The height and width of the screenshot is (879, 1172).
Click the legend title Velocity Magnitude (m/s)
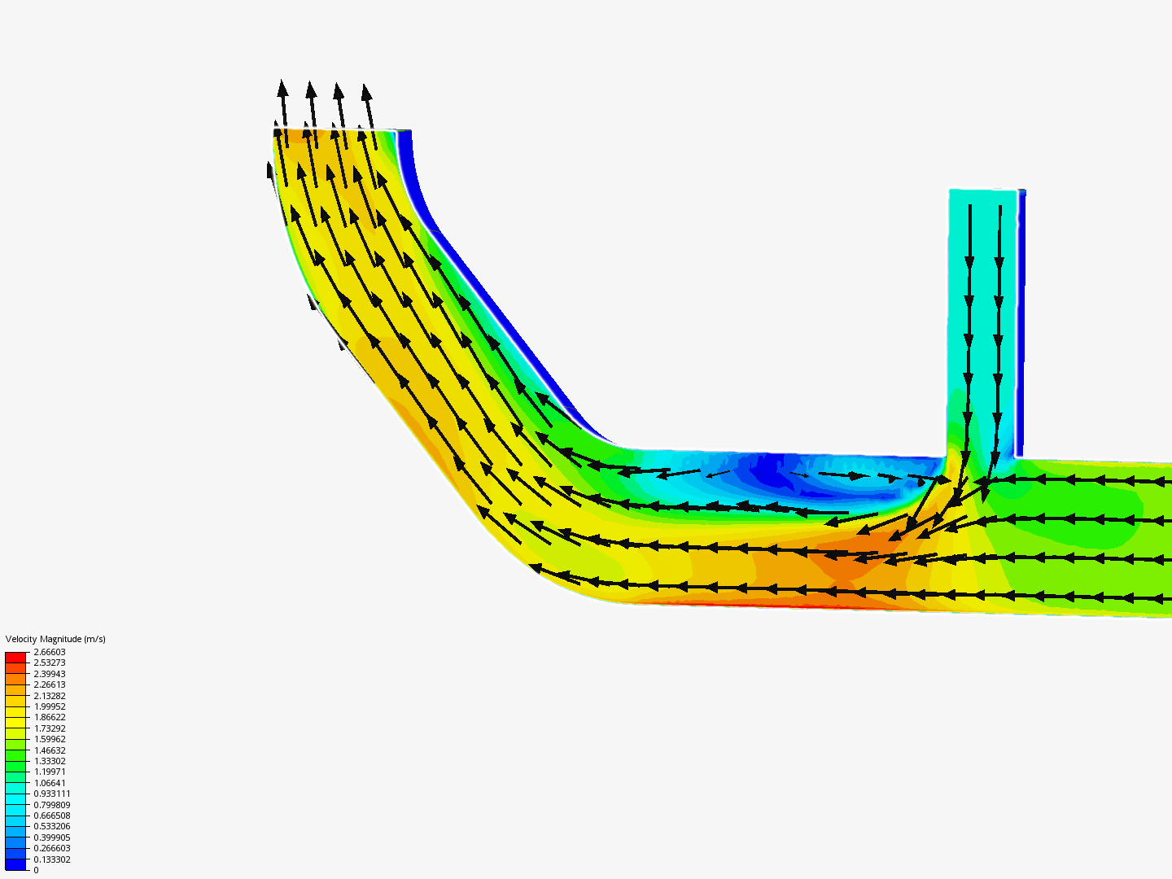[55, 639]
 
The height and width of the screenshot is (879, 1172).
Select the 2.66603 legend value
[49, 652]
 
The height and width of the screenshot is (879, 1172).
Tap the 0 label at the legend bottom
[36, 870]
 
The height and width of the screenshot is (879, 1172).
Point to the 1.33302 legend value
[49, 761]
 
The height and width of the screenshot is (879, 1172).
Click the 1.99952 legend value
[49, 706]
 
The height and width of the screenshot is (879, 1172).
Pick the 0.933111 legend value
[52, 794]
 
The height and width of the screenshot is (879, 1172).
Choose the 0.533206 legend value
[52, 826]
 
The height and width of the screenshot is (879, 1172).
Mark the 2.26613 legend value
[49, 684]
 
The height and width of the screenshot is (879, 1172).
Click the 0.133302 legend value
[52, 859]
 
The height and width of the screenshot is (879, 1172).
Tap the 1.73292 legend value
[49, 728]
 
